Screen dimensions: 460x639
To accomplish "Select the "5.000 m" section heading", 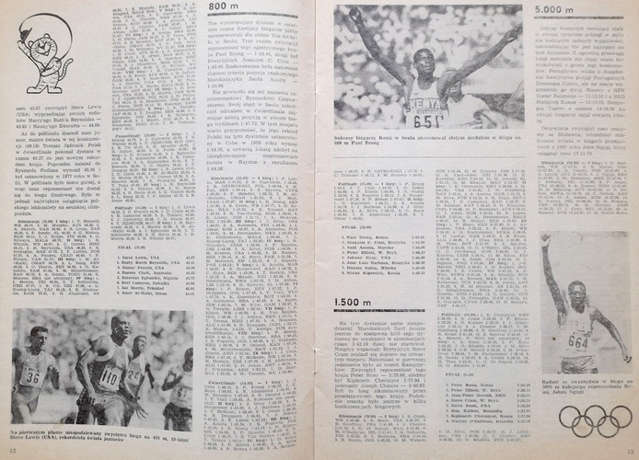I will coord(557,9).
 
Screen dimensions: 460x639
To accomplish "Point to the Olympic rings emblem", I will coord(595,418).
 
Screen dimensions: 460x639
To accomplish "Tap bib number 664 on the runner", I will coord(577,341).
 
